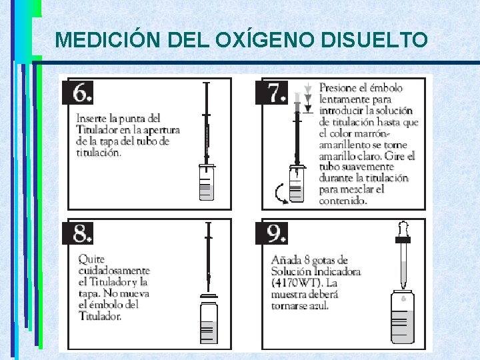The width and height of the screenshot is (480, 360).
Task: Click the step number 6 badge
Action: [78, 93]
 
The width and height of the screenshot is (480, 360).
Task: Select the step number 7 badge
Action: [271, 93]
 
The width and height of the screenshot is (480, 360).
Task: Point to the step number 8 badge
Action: [78, 233]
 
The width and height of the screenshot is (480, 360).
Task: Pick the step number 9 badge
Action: [271, 233]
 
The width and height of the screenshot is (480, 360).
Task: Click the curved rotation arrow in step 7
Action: [279, 194]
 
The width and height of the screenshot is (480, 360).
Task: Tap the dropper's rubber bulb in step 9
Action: [403, 229]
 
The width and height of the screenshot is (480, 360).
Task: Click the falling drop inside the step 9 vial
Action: [403, 297]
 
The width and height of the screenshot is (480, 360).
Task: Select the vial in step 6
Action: [207, 183]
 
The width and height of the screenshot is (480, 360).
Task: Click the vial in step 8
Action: [209, 323]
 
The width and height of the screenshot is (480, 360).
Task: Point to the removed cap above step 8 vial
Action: [209, 296]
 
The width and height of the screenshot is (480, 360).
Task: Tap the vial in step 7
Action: [296, 184]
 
